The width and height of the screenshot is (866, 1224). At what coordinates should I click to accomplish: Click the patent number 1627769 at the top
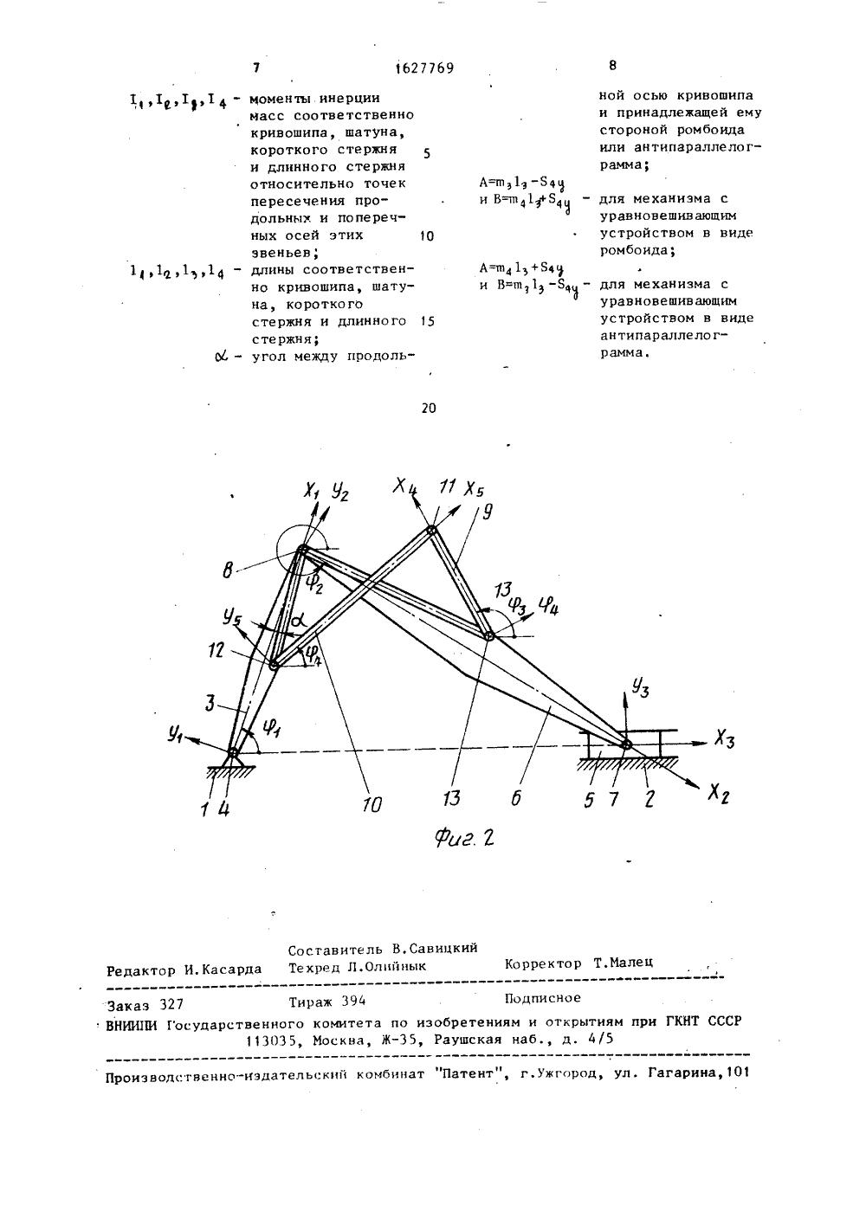[x=424, y=68]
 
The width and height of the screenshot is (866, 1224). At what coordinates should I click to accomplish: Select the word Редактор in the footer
[x=143, y=970]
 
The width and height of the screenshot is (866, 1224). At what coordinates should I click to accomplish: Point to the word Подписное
[x=542, y=997]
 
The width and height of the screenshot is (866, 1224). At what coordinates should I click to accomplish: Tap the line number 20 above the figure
[x=429, y=409]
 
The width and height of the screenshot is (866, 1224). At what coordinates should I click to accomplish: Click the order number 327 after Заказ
[x=172, y=1005]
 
